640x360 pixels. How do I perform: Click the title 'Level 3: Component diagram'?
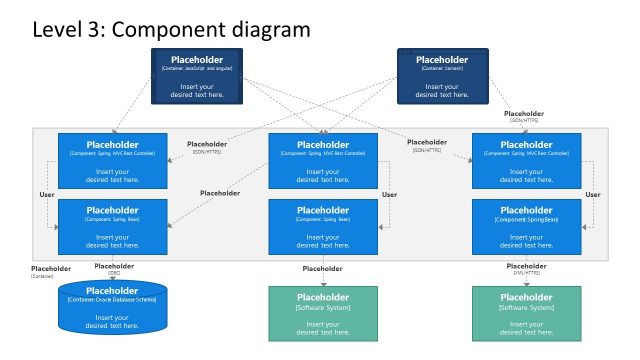(171, 29)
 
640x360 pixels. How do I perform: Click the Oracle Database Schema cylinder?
(112, 308)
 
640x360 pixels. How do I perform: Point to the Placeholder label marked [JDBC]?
(113, 269)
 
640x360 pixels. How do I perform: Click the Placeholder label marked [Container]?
(50, 271)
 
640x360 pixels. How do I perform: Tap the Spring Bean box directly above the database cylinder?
(112, 227)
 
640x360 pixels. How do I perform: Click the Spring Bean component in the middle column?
(322, 227)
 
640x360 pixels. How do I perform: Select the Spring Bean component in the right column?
(526, 227)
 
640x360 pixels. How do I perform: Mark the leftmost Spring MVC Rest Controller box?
(112, 160)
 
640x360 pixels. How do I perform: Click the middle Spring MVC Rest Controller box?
(322, 160)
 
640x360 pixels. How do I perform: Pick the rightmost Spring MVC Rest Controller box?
(526, 160)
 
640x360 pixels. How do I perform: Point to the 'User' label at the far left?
(46, 194)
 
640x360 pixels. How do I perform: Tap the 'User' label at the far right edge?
(592, 194)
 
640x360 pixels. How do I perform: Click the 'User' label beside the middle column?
(390, 194)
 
